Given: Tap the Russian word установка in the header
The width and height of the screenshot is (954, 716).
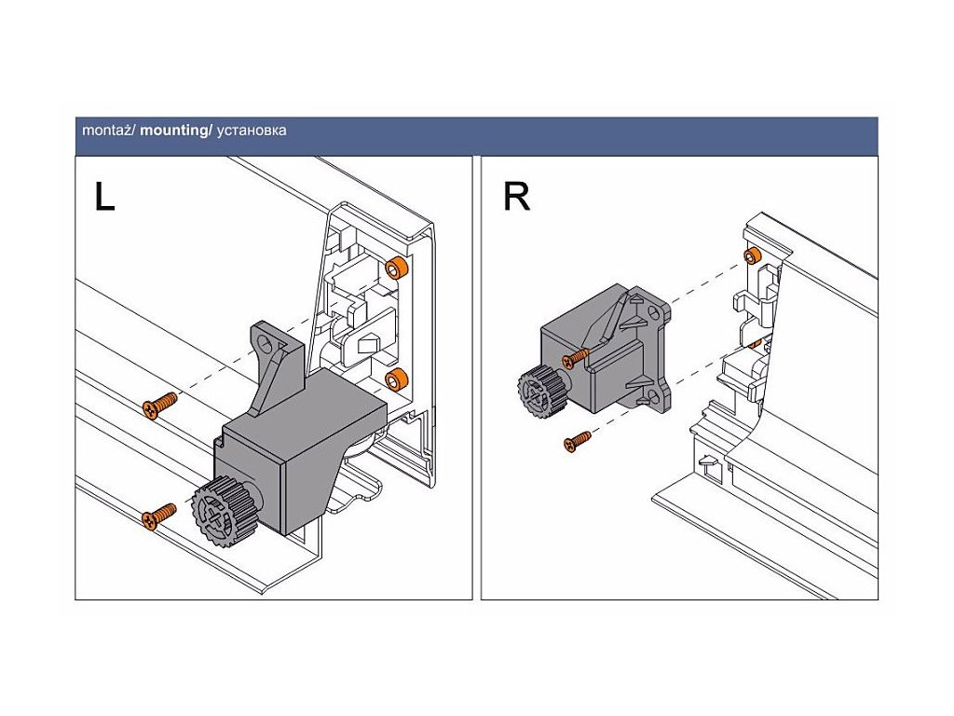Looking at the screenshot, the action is point(251,131).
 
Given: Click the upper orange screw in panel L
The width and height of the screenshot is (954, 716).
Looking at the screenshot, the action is point(160,405).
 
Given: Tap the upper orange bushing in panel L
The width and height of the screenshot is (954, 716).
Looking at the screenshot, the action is point(397,268).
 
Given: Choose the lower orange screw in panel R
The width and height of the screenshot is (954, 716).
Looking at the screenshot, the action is point(578,441).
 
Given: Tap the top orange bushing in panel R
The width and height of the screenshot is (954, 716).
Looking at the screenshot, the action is point(751,255).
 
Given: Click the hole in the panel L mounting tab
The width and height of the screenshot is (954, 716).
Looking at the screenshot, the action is point(266,344).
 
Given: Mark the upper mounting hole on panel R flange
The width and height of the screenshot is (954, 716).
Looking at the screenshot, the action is point(653,313).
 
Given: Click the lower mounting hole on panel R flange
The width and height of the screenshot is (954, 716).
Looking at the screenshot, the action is point(653,397).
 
